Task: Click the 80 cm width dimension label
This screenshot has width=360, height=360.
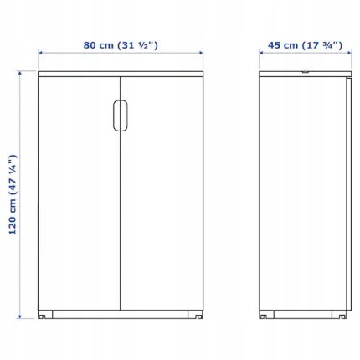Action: tap(121, 45)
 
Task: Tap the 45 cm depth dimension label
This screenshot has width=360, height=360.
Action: tap(305, 45)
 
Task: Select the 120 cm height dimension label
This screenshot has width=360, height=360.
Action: tap(13, 194)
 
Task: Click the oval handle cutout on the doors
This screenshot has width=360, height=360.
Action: tap(121, 116)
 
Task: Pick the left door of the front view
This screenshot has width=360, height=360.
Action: tap(80, 193)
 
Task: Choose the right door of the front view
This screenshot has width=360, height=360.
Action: tap(162, 193)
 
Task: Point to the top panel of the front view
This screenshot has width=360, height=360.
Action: tap(121, 74)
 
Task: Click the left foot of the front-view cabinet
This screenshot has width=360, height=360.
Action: tap(45, 314)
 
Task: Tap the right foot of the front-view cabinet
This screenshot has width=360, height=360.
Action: tap(195, 314)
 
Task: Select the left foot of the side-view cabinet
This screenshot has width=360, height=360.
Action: tap(266, 314)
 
